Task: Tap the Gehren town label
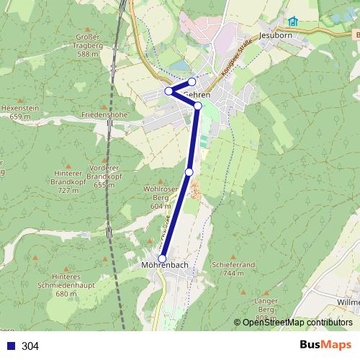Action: [x=197, y=94]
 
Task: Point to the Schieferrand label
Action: [x=234, y=268]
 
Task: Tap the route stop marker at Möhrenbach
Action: [x=162, y=258]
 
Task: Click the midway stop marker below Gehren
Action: [x=189, y=171]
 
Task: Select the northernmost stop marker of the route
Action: [x=192, y=81]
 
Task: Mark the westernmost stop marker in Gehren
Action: [x=168, y=91]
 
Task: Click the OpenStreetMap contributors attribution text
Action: [x=297, y=323]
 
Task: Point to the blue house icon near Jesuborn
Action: [x=292, y=21]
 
